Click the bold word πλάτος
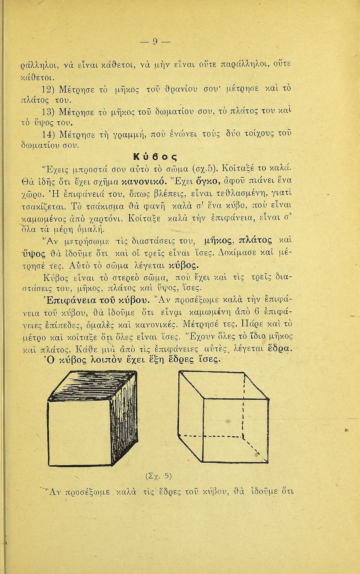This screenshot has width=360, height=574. click(x=256, y=241)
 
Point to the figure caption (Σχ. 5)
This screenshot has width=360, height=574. click(x=158, y=476)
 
